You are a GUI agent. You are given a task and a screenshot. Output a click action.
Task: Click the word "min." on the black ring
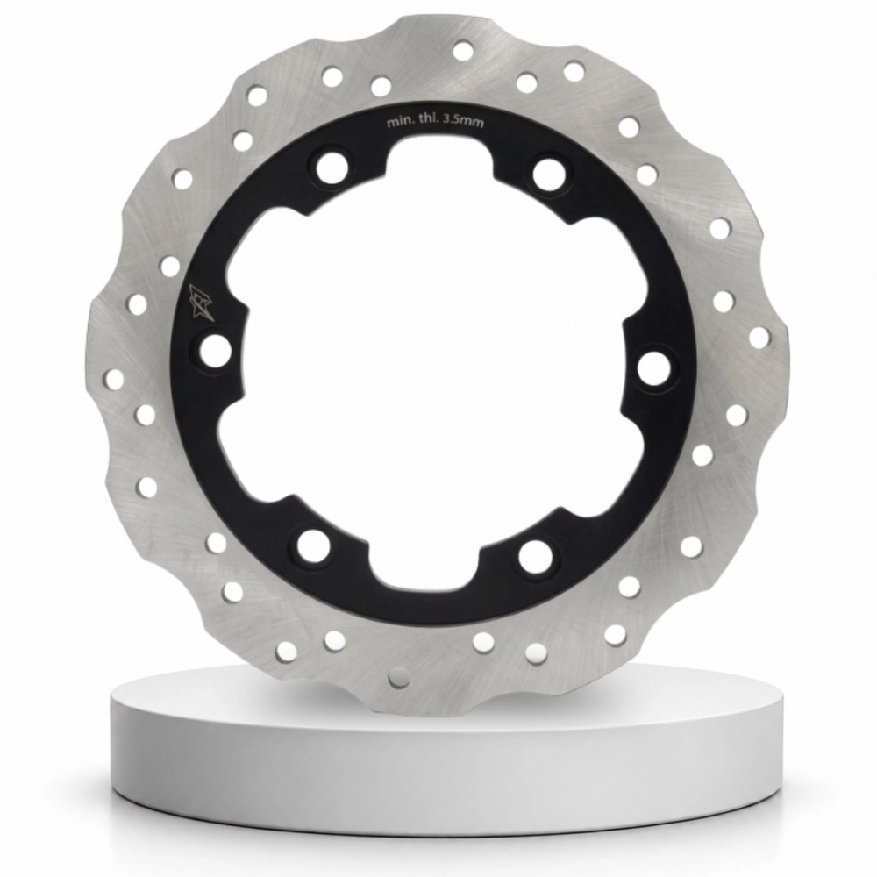pyautogui.click(x=399, y=123)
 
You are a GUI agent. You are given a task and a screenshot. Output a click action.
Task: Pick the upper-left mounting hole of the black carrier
pyautogui.click(x=332, y=163)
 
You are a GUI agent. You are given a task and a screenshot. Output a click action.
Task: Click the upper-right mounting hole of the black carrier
pyautogui.click(x=549, y=174)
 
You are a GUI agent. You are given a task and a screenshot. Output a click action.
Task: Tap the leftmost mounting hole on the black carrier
pyautogui.click(x=214, y=351)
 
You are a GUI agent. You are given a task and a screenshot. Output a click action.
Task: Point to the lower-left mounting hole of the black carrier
pyautogui.click(x=313, y=545)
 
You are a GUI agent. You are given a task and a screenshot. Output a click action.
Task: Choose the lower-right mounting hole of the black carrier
pyautogui.click(x=535, y=557)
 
